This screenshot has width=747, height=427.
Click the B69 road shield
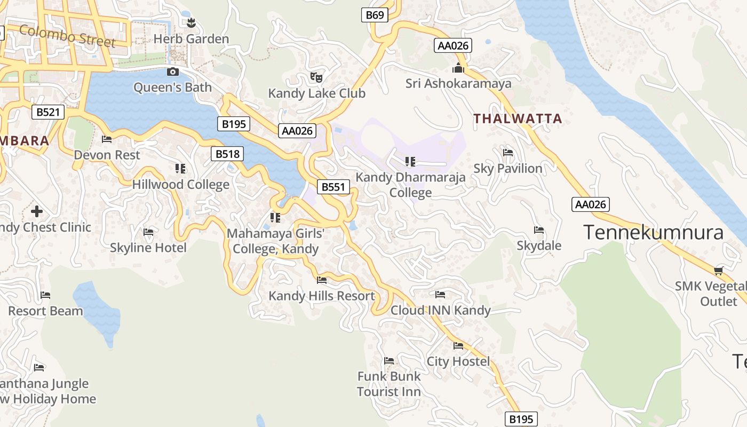pyautogui.click(x=375, y=15)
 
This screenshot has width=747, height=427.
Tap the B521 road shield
pyautogui.click(x=48, y=112)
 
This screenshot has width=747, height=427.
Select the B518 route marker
pyautogui.click(x=227, y=154)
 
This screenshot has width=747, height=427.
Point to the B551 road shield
pyautogui.click(x=334, y=187)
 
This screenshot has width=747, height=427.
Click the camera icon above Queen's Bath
pyautogui.click(x=172, y=72)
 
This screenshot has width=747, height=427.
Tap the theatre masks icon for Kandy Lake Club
pyautogui.click(x=316, y=77)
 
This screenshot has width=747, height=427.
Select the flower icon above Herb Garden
pyautogui.click(x=191, y=22)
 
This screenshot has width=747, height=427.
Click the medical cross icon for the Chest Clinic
pyautogui.click(x=36, y=211)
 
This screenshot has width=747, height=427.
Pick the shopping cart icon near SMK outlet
pyautogui.click(x=719, y=270)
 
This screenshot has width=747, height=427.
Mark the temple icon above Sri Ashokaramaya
pyautogui.click(x=458, y=68)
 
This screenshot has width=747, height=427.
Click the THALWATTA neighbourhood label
pyautogui.click(x=518, y=118)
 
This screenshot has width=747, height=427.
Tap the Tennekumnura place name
pyautogui.click(x=653, y=233)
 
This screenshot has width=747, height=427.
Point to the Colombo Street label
pyautogui.click(x=67, y=36)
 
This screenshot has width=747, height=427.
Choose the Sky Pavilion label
pyautogui.click(x=508, y=169)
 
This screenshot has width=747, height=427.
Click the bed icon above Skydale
pyautogui.click(x=539, y=230)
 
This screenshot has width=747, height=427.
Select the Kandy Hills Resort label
pyautogui.click(x=322, y=296)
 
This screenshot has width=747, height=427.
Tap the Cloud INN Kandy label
pyautogui.click(x=440, y=310)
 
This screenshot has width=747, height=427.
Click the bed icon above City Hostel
pyautogui.click(x=458, y=346)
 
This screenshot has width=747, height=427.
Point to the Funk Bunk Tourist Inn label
pyautogui.click(x=389, y=384)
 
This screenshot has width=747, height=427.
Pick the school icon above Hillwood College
pyautogui.click(x=180, y=169)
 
